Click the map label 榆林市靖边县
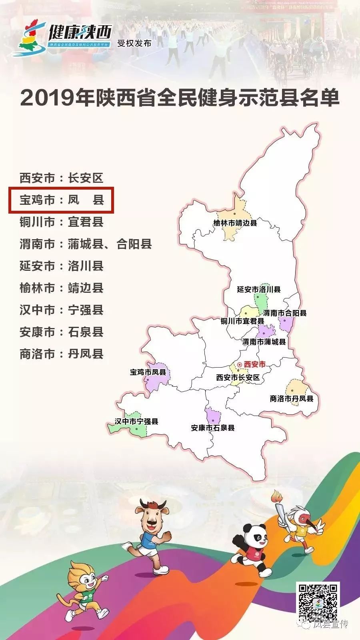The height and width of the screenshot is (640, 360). (x=235, y=223)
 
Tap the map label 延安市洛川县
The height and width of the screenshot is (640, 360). (x=258, y=289)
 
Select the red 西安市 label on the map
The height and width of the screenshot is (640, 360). (x=254, y=364)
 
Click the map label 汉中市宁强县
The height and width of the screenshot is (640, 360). (x=136, y=421)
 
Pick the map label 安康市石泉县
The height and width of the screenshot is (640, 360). (x=212, y=428)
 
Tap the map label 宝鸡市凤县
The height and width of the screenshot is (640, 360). (x=148, y=372)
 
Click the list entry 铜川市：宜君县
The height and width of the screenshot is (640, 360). (x=62, y=222)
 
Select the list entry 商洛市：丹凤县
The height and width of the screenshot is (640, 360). (x=62, y=354)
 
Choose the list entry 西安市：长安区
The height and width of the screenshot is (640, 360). (x=62, y=178)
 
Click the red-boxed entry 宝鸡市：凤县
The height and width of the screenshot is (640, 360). (x=62, y=200)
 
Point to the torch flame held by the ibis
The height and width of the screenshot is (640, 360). (x=275, y=497)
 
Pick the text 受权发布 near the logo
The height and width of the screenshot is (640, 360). (x=134, y=43)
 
